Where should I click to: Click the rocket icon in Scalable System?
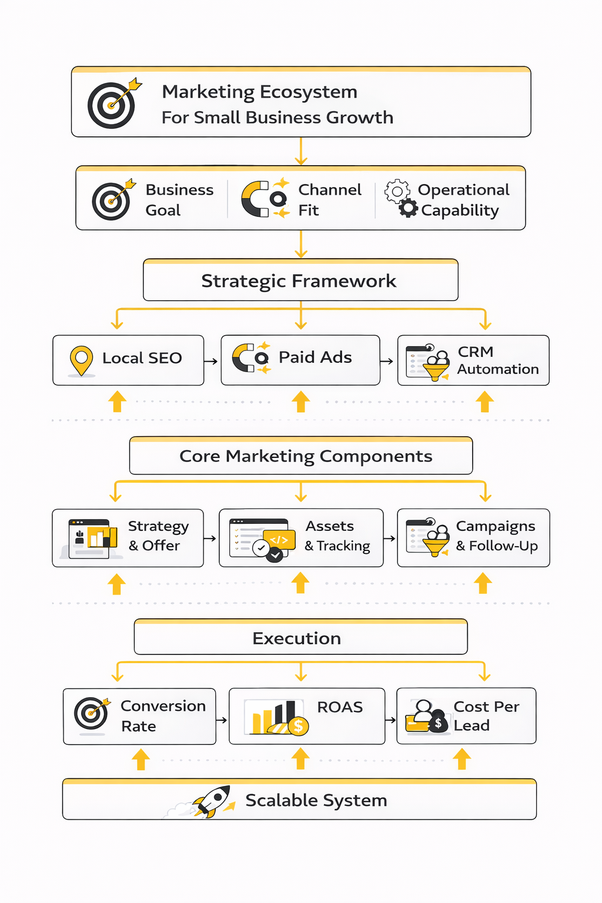coord(213,801)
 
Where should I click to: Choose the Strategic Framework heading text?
coord(299,281)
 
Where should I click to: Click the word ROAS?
coord(340,707)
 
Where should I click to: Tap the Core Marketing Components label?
coord(306,456)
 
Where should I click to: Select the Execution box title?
coord(296,638)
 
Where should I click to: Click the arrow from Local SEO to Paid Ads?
coord(211,361)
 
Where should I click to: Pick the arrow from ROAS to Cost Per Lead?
coord(390,720)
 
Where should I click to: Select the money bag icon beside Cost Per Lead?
coord(437,722)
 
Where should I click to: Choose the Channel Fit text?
coord(329,200)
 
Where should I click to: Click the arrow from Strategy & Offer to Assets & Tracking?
coord(210,538)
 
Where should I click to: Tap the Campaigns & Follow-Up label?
coord(496,536)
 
